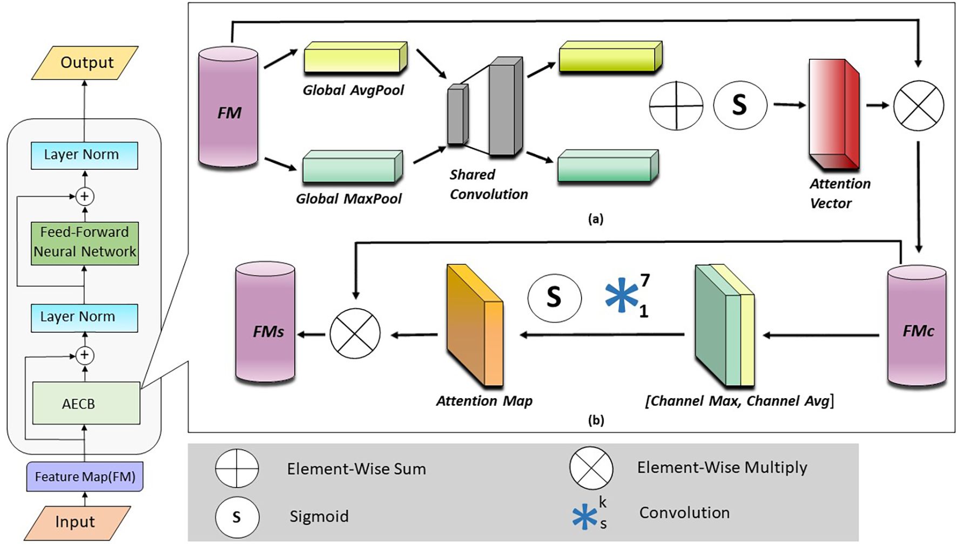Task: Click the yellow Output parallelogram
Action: point(85,63)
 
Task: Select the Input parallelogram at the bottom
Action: point(77,522)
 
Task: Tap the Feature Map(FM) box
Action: point(85,476)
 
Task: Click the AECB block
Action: point(86,403)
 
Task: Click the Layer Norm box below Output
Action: point(84,155)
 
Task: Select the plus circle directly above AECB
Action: point(84,355)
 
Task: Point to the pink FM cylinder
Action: point(228,108)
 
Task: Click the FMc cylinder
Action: point(916,326)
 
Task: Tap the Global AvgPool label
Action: point(353,90)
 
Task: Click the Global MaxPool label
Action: point(348,199)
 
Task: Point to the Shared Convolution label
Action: point(488,185)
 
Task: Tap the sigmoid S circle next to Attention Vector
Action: point(740,105)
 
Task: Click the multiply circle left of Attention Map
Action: point(355,333)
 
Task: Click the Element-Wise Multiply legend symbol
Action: point(591,468)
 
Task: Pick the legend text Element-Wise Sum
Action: point(356,469)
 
